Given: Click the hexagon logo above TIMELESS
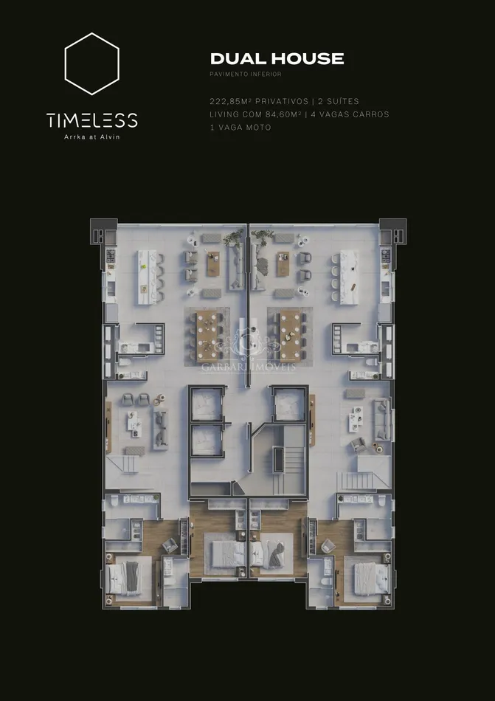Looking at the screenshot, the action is (91, 34).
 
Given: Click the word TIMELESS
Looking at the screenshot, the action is (92, 120).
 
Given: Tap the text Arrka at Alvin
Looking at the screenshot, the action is (92, 137).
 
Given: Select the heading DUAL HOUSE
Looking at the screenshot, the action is (277, 58).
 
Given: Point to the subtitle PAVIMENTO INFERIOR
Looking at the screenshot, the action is (246, 75).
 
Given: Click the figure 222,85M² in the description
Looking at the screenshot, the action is (231, 102).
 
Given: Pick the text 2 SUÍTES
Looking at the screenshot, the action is (338, 102).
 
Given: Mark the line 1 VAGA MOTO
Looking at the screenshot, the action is (240, 128).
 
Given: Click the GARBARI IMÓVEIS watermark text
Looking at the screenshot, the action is (249, 367).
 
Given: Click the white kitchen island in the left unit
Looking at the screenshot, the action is (147, 277).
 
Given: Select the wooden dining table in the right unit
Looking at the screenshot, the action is (290, 336).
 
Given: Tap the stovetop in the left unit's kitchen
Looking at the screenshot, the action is (111, 256).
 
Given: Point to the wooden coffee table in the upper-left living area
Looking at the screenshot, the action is (213, 263).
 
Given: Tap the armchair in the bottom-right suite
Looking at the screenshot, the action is (328, 546).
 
